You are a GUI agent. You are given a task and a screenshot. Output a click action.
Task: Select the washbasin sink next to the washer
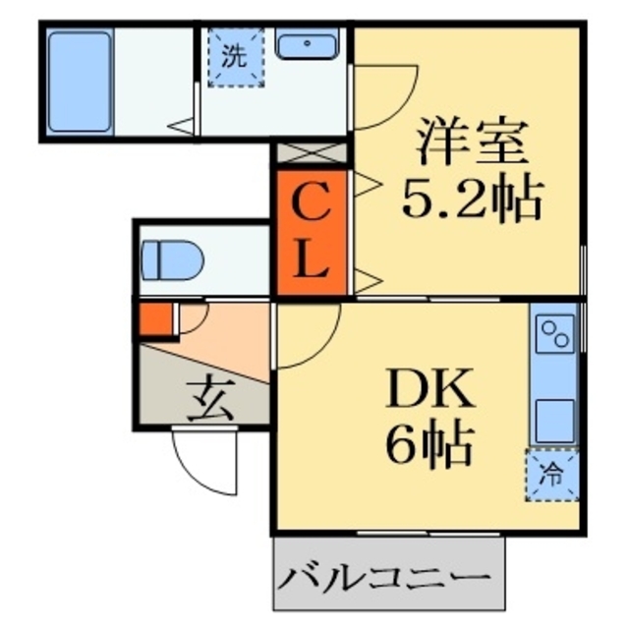click(308, 45)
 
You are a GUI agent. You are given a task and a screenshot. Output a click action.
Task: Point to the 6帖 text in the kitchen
click(429, 447)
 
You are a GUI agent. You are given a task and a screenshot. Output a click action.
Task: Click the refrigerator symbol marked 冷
click(552, 476)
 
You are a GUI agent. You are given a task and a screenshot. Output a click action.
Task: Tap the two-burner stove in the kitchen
click(555, 333)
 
